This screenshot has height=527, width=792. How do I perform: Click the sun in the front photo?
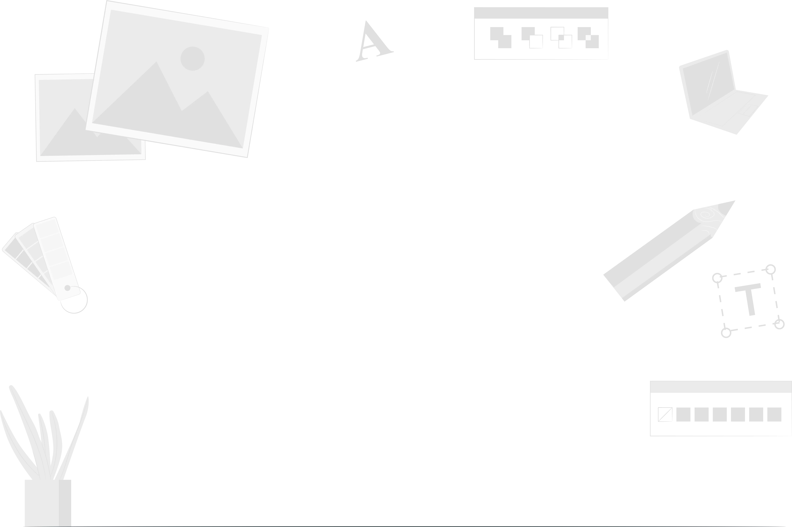click(x=192, y=58)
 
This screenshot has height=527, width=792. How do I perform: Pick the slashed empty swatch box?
click(x=665, y=414)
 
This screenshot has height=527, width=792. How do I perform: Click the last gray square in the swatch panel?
click(x=774, y=414)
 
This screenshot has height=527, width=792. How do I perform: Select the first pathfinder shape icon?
click(x=500, y=37)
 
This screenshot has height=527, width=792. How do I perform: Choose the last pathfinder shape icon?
click(x=588, y=37)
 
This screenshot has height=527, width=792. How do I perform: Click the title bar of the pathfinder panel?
click(x=541, y=12)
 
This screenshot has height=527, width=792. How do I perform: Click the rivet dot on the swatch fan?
click(x=67, y=288)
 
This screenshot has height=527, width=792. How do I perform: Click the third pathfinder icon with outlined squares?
click(x=561, y=37)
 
